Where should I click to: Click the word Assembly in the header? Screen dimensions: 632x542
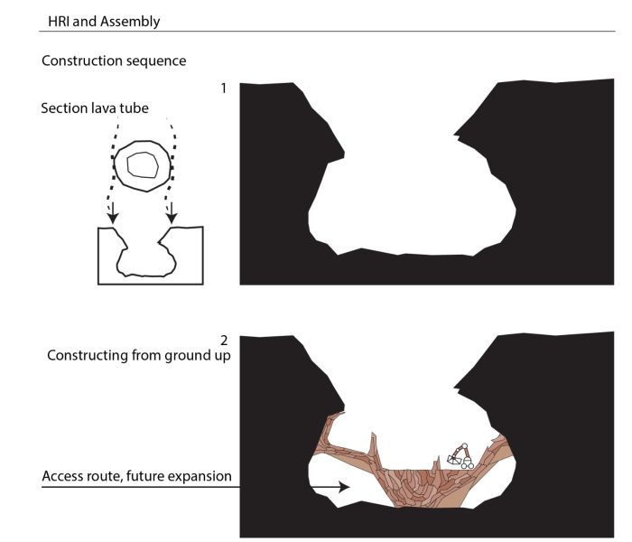[x=130, y=22]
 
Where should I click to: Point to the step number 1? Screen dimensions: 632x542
[x=224, y=89]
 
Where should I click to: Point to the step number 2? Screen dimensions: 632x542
[x=224, y=341]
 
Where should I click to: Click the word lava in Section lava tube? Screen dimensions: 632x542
[x=106, y=108]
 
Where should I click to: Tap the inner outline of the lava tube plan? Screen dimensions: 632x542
[x=143, y=164]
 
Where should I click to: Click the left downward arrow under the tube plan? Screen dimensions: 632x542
[x=113, y=212]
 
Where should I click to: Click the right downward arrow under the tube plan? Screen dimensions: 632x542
[x=172, y=212]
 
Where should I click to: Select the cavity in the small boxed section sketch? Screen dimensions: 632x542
[x=146, y=258]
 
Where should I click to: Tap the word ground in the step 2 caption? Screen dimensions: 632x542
[x=186, y=356]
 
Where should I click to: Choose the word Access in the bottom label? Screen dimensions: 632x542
[x=60, y=476]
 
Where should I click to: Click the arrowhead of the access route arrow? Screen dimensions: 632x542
[x=345, y=487]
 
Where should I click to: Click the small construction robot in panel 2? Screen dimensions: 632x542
[x=460, y=456]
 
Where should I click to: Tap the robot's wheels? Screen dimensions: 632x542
[x=468, y=465]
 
